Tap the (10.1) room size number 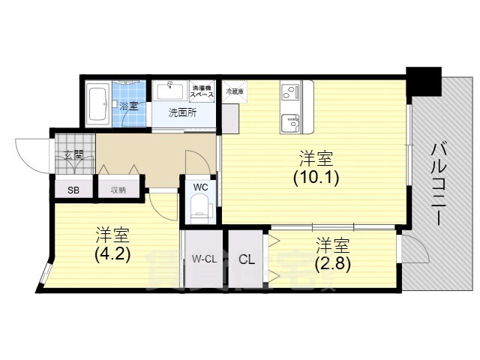(x=316, y=178)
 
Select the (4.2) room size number (x=113, y=253)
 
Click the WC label (x=201, y=186)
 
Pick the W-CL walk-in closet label (x=204, y=260)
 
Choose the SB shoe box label (x=73, y=190)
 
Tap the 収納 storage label (x=118, y=190)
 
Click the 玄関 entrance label (x=73, y=156)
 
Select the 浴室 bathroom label (x=128, y=106)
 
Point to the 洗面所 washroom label (x=182, y=113)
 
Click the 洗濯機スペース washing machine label (x=201, y=92)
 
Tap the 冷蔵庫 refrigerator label (x=234, y=91)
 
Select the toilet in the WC (x=199, y=205)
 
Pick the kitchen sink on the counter (x=289, y=119)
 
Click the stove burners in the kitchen (x=289, y=92)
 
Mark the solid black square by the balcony (x=424, y=79)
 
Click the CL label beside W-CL (x=246, y=260)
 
